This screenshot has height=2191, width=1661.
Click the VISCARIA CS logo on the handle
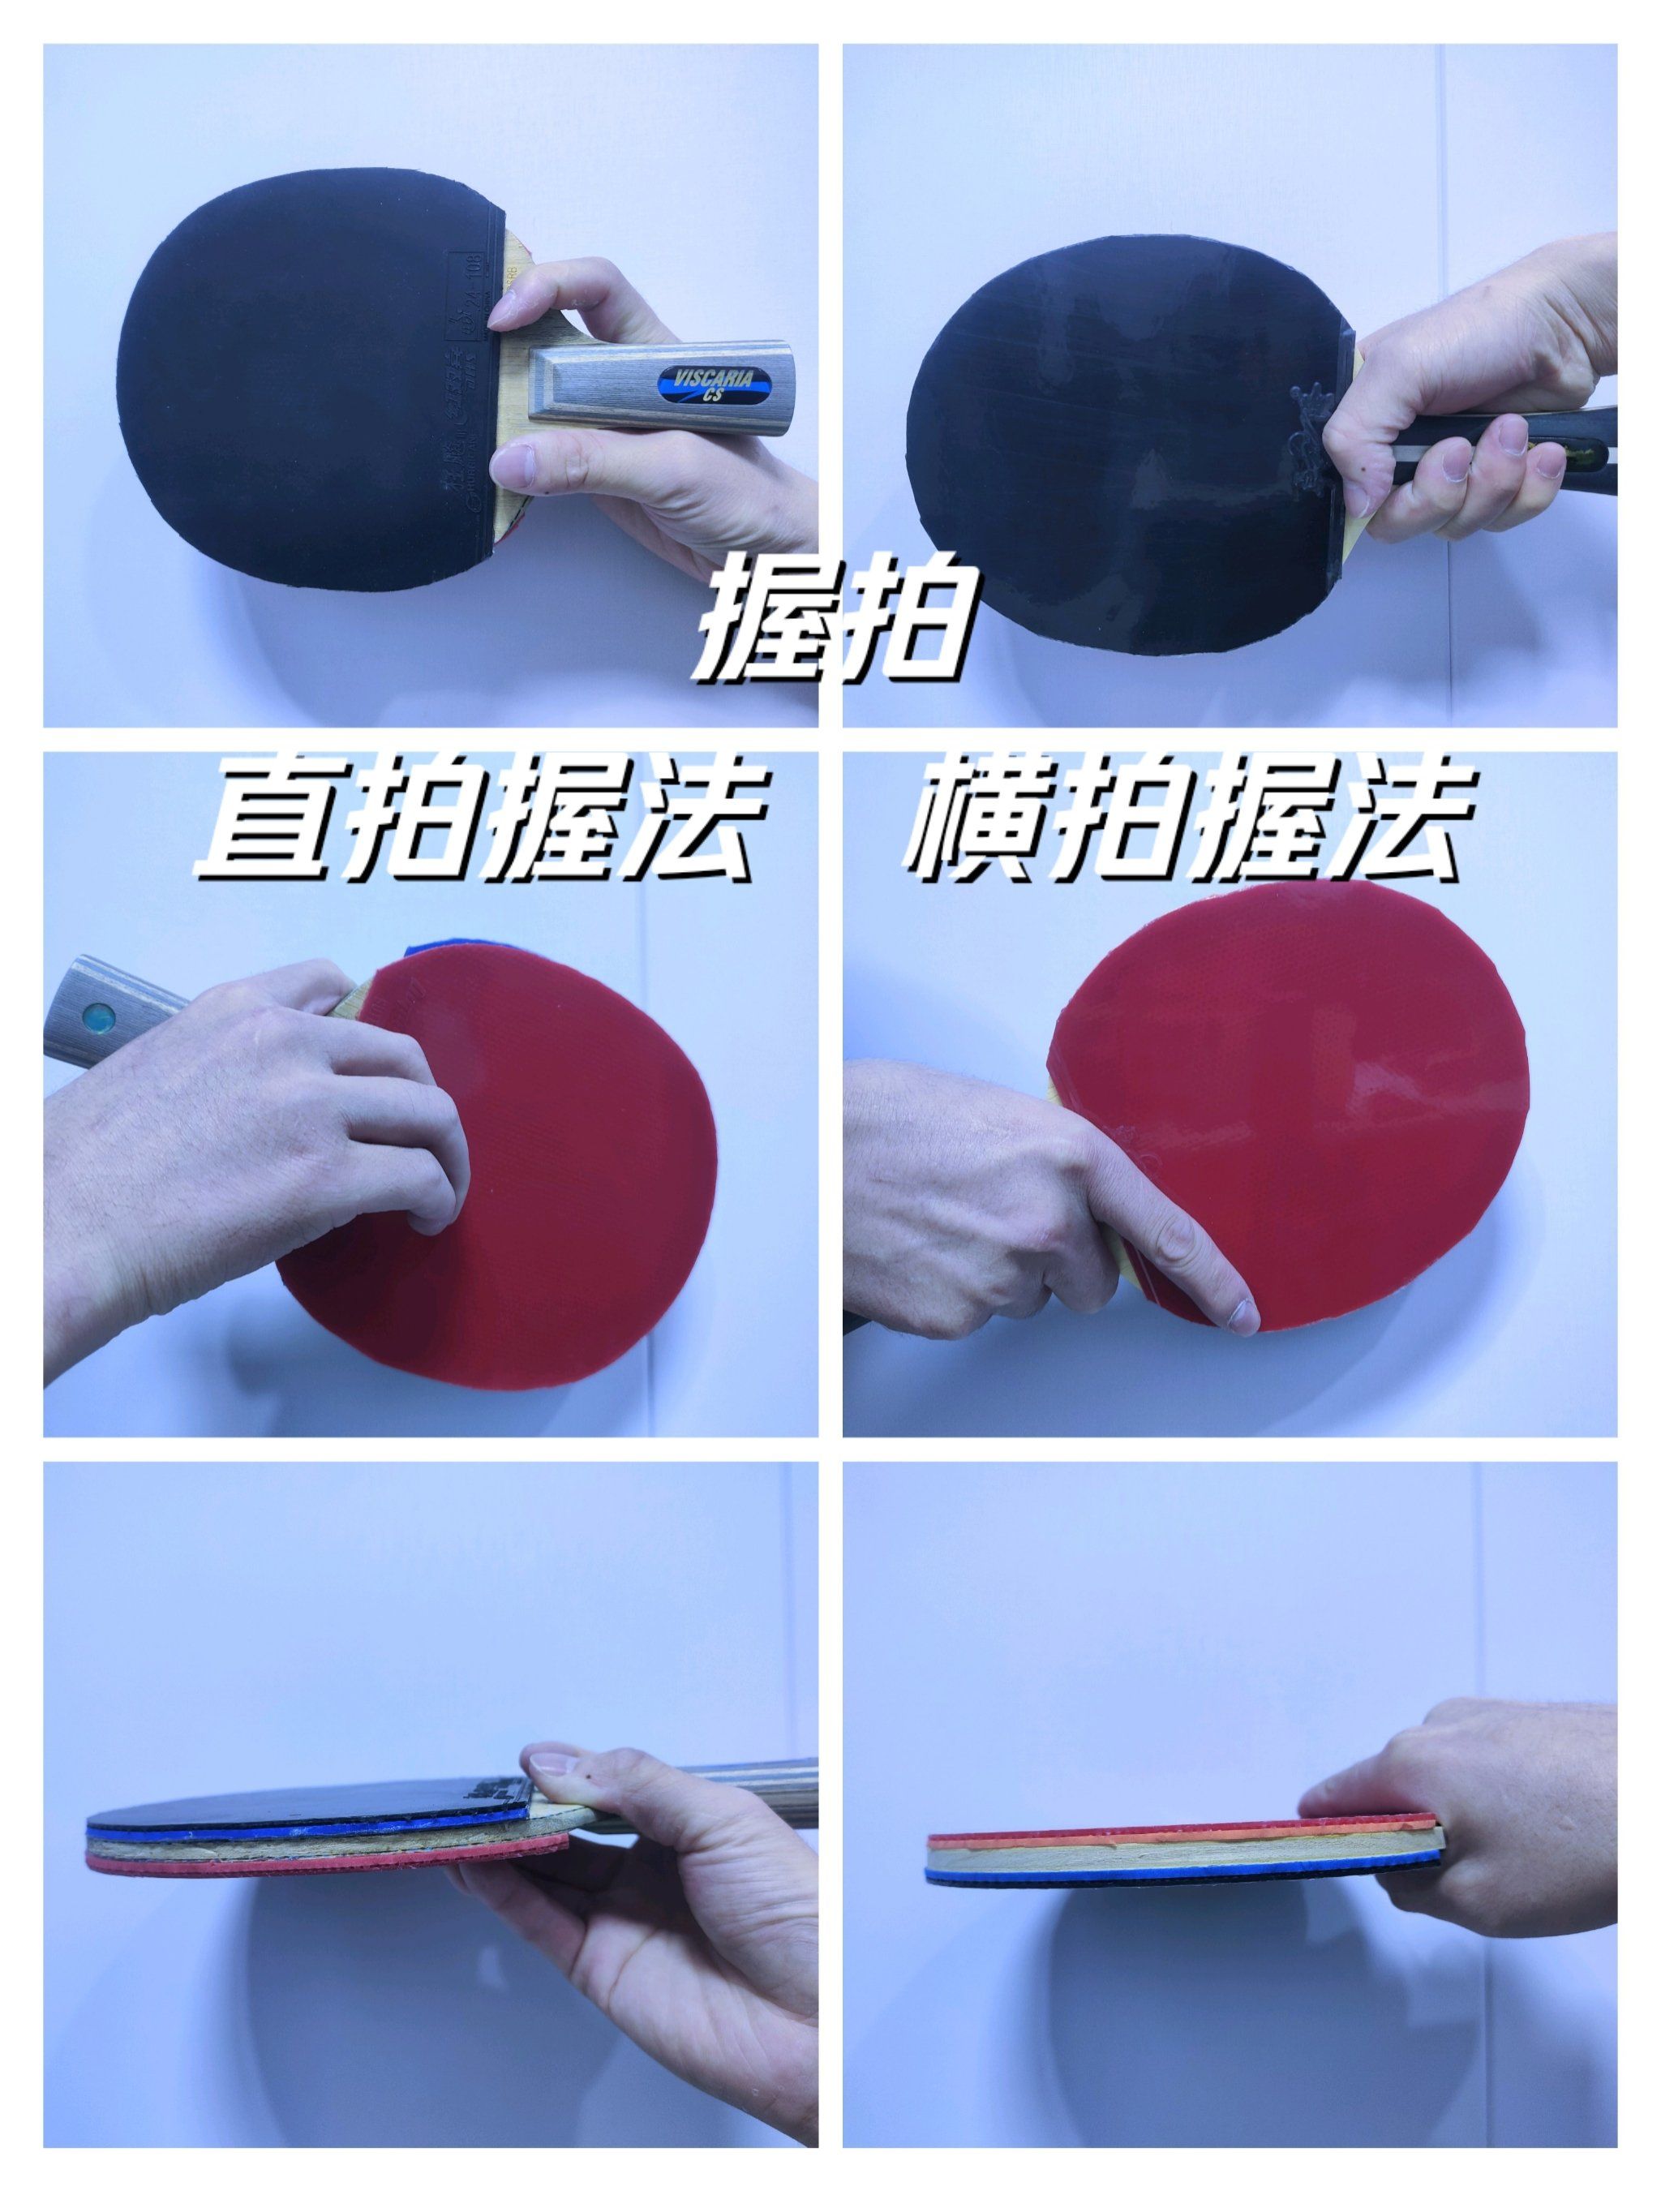710,384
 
